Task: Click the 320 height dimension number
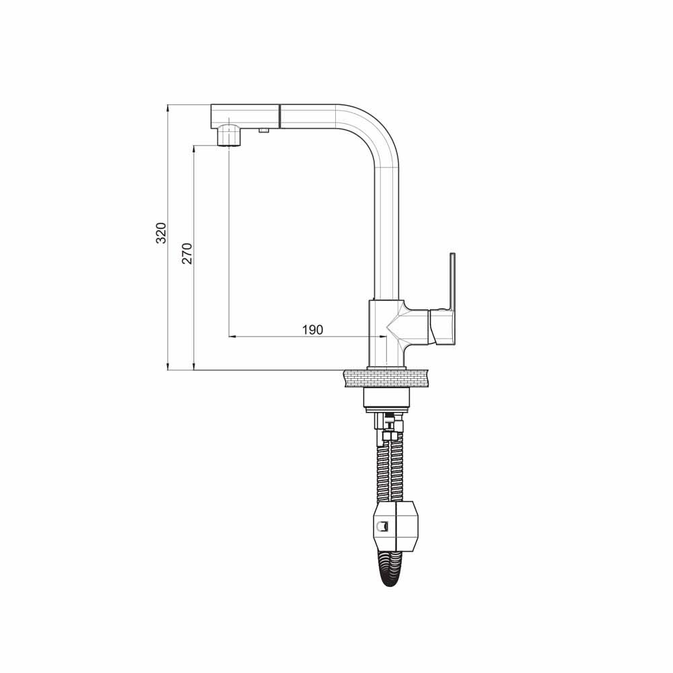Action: click(161, 233)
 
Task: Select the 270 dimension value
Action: click(188, 253)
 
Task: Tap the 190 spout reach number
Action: click(312, 330)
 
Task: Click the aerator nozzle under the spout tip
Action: click(229, 135)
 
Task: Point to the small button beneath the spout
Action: click(264, 130)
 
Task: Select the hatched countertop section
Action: click(386, 378)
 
